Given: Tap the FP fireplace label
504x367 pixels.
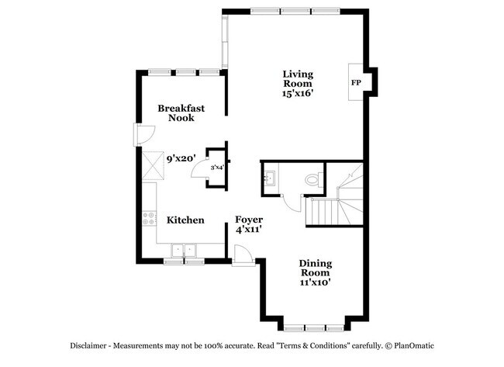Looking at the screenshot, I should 357,82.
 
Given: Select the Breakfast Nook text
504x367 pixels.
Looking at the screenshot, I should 181,113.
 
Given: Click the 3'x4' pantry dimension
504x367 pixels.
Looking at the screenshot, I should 216,166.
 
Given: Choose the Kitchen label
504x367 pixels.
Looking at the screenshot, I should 185,220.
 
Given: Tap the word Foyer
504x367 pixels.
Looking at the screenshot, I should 249,220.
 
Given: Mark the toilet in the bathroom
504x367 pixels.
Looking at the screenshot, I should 312,179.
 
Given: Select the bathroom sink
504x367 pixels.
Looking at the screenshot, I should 271,178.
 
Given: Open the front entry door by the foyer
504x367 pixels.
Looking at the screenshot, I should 242,254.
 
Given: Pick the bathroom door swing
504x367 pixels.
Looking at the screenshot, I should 292,201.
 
